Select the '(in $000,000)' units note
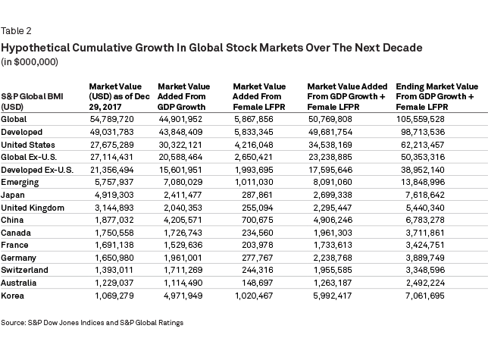tap(30, 61)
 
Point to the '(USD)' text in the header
tap(12, 108)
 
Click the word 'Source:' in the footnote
tap(14, 323)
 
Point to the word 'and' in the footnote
tap(111, 323)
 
